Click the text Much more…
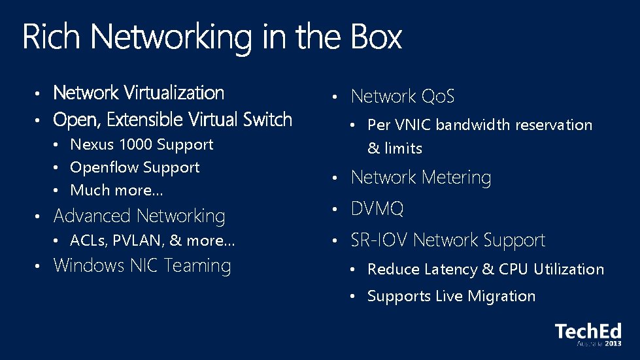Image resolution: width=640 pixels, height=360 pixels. (x=116, y=190)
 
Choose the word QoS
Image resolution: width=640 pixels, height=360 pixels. (x=437, y=97)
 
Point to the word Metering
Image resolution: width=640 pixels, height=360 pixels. (x=456, y=177)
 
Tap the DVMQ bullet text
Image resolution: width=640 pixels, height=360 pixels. (x=377, y=209)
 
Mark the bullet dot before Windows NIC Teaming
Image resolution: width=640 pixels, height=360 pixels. (x=39, y=266)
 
